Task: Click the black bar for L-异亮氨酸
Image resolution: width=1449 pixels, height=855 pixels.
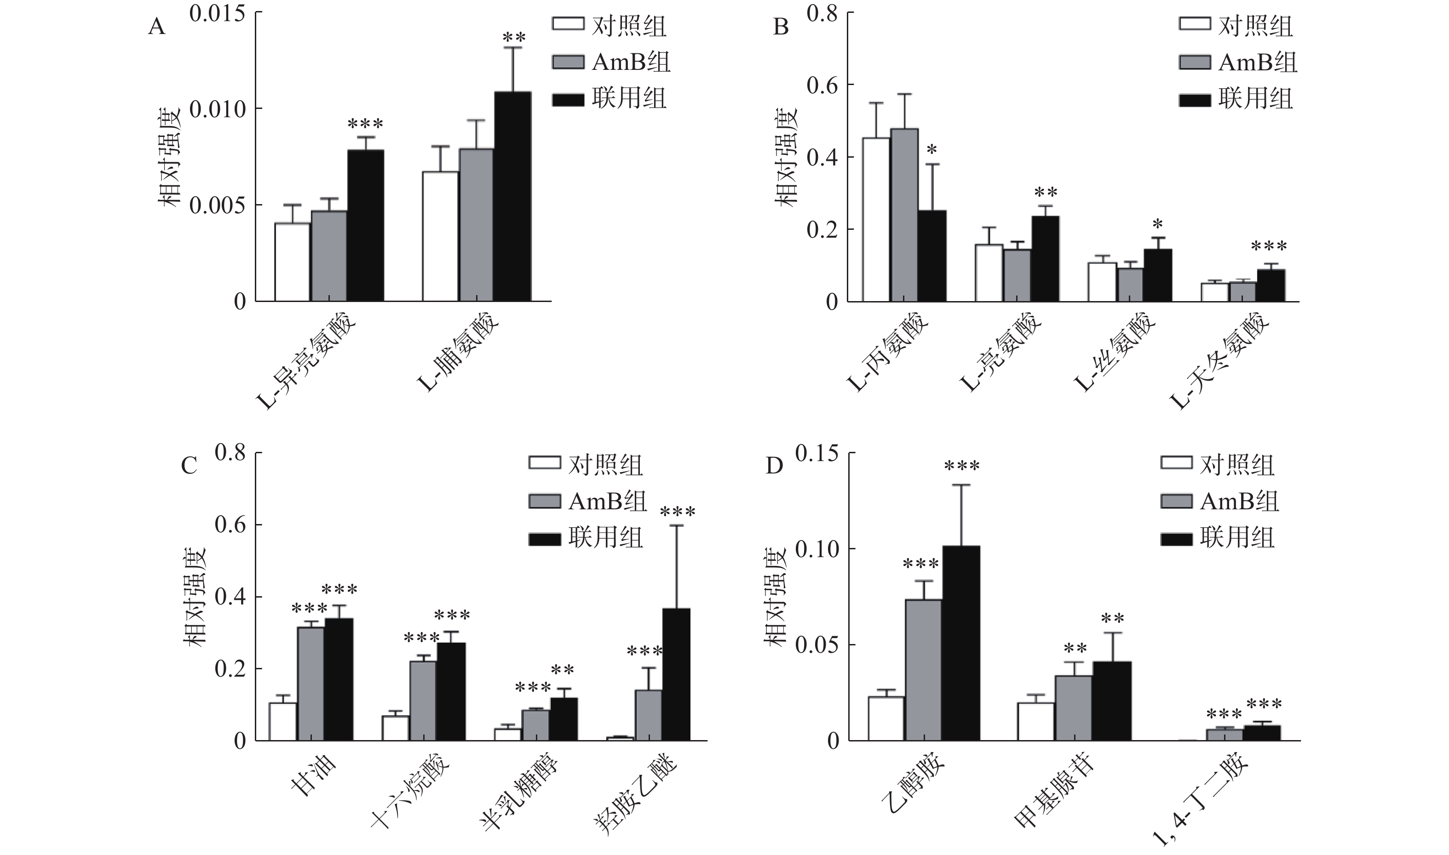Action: pos(365,225)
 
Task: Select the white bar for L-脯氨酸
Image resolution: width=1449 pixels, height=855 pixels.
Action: pos(440,236)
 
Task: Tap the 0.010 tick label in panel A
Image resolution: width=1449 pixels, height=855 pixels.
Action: pos(217,109)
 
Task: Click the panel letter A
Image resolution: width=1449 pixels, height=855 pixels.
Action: pos(157,27)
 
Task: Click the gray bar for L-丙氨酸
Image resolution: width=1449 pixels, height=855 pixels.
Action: pos(904,215)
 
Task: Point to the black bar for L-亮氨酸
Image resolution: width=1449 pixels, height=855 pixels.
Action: pos(1045,259)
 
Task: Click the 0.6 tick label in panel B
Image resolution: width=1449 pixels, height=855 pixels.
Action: pos(822,85)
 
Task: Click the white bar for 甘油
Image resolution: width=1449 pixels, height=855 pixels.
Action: pos(282,721)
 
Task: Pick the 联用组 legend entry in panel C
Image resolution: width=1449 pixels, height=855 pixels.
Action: pos(586,538)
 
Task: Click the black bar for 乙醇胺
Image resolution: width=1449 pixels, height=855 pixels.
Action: pos(961,643)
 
